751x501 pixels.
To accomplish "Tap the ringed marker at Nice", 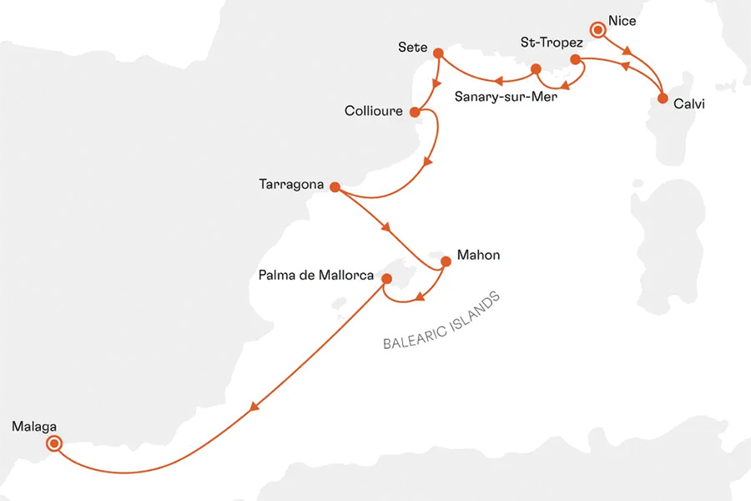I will tap(597, 30).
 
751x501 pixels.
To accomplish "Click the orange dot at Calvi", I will tap(663, 99).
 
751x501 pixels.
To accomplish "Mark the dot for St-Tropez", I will tap(575, 59).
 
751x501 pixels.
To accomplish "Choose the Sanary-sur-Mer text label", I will tap(505, 95).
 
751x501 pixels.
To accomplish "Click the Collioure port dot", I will tap(415, 111).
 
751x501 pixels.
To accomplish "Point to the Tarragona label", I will tap(291, 185).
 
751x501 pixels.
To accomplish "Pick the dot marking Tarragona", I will tap(334, 188).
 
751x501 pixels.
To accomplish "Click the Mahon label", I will tap(479, 255).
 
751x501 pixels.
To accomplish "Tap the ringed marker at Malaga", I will tap(54, 444).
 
